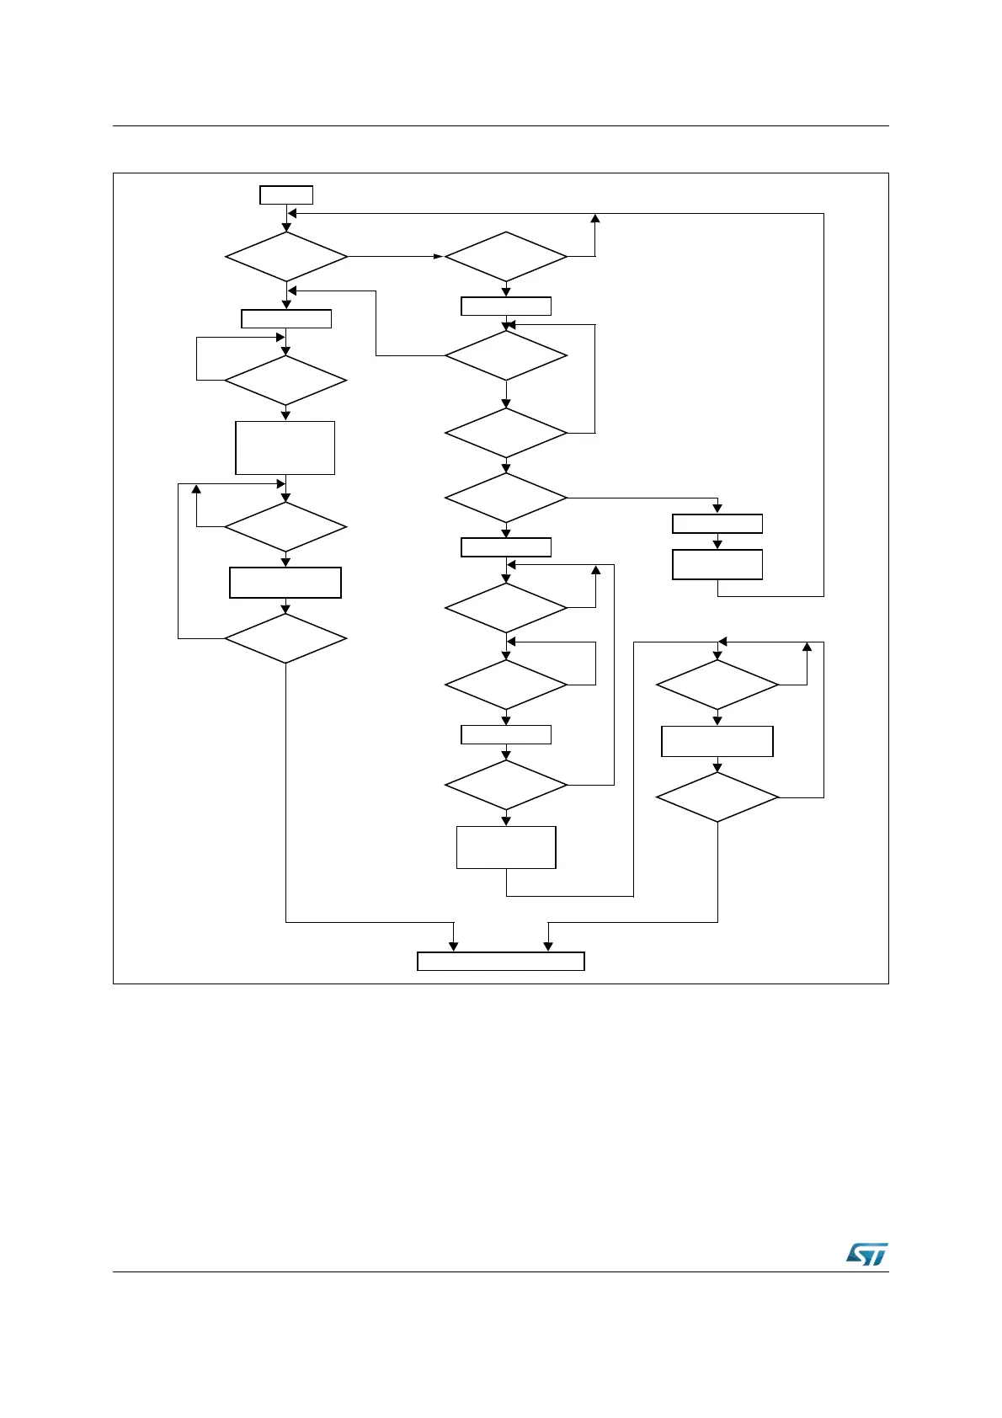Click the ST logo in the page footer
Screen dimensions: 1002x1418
pyautogui.click(x=866, y=1254)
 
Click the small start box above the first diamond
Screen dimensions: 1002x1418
pyautogui.click(x=286, y=195)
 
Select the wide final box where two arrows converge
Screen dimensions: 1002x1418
pyautogui.click(x=501, y=962)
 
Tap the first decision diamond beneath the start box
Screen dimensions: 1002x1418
pyautogui.click(x=286, y=256)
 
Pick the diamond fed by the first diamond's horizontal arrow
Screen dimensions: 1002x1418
pyautogui.click(x=506, y=256)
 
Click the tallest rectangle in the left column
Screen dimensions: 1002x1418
pyautogui.click(x=285, y=448)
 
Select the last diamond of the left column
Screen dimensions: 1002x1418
pyautogui.click(x=285, y=638)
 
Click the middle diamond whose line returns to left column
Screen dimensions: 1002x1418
pyautogui.click(x=506, y=355)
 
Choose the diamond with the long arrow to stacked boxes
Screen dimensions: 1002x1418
pyautogui.click(x=506, y=498)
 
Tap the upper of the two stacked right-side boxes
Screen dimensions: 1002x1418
pyautogui.click(x=717, y=524)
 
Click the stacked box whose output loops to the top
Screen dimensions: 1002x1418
pyautogui.click(x=717, y=564)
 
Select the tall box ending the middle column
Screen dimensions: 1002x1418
pyautogui.click(x=506, y=847)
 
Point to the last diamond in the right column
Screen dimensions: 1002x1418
pyautogui.click(x=717, y=797)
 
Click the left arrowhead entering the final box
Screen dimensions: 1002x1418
pyautogui.click(x=454, y=946)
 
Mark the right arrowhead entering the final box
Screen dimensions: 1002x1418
pyautogui.click(x=548, y=946)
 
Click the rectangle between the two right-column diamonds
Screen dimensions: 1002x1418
pyautogui.click(x=717, y=741)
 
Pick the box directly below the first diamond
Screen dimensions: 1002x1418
pyautogui.click(x=286, y=318)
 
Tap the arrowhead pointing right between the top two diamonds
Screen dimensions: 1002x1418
pyautogui.click(x=438, y=256)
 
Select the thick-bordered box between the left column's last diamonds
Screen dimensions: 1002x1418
pyautogui.click(x=285, y=583)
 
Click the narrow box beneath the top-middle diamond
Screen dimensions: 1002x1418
pyautogui.click(x=506, y=306)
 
